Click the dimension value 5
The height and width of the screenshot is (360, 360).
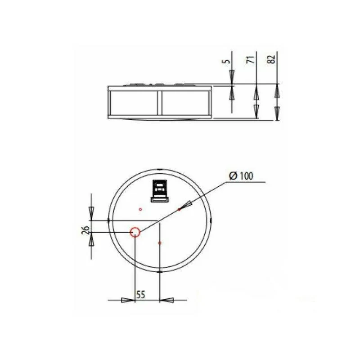pyautogui.click(x=227, y=61)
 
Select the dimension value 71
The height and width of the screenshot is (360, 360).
pyautogui.click(x=252, y=59)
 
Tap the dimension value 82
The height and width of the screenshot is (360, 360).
pyautogui.click(x=272, y=59)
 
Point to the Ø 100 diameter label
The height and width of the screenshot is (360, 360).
pyautogui.click(x=241, y=176)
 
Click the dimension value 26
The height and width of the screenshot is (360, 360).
pyautogui.click(x=85, y=230)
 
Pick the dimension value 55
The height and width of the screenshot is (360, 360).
pyautogui.click(x=141, y=295)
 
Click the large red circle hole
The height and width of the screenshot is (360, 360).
pyautogui.click(x=135, y=232)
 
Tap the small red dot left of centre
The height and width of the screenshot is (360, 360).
pyautogui.click(x=140, y=209)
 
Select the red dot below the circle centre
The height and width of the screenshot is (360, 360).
pyautogui.click(x=160, y=243)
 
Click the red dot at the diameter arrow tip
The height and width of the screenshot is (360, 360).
pyautogui.click(x=179, y=209)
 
